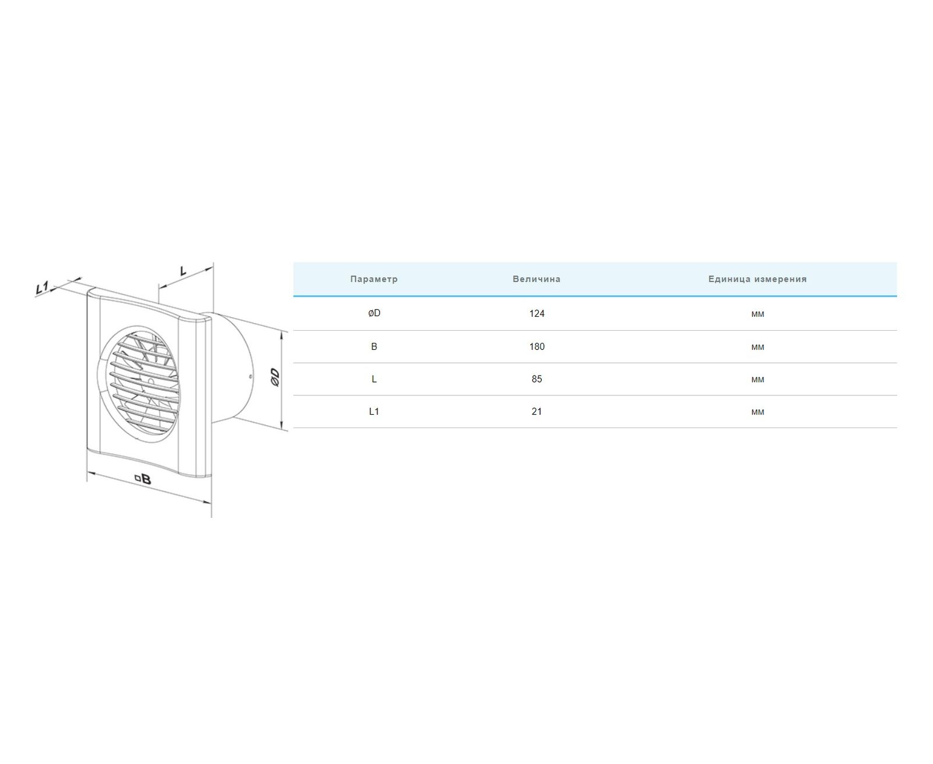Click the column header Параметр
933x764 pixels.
click(374, 279)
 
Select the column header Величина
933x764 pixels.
click(536, 279)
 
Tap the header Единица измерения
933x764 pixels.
click(757, 279)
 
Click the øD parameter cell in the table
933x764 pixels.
click(374, 313)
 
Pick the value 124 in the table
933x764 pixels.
click(536, 314)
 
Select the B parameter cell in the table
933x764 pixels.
click(374, 346)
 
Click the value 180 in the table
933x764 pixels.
click(536, 346)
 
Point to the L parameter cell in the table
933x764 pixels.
click(374, 379)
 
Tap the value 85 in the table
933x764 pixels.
click(536, 379)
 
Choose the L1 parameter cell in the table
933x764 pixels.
click(374, 412)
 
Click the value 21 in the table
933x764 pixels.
click(536, 412)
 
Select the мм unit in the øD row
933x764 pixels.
click(757, 314)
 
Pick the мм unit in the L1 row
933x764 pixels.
click(757, 412)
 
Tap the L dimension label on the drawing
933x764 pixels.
click(183, 271)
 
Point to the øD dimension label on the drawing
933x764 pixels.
click(275, 377)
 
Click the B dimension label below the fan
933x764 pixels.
click(146, 479)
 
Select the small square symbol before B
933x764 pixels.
click(137, 478)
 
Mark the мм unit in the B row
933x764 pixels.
click(757, 347)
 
